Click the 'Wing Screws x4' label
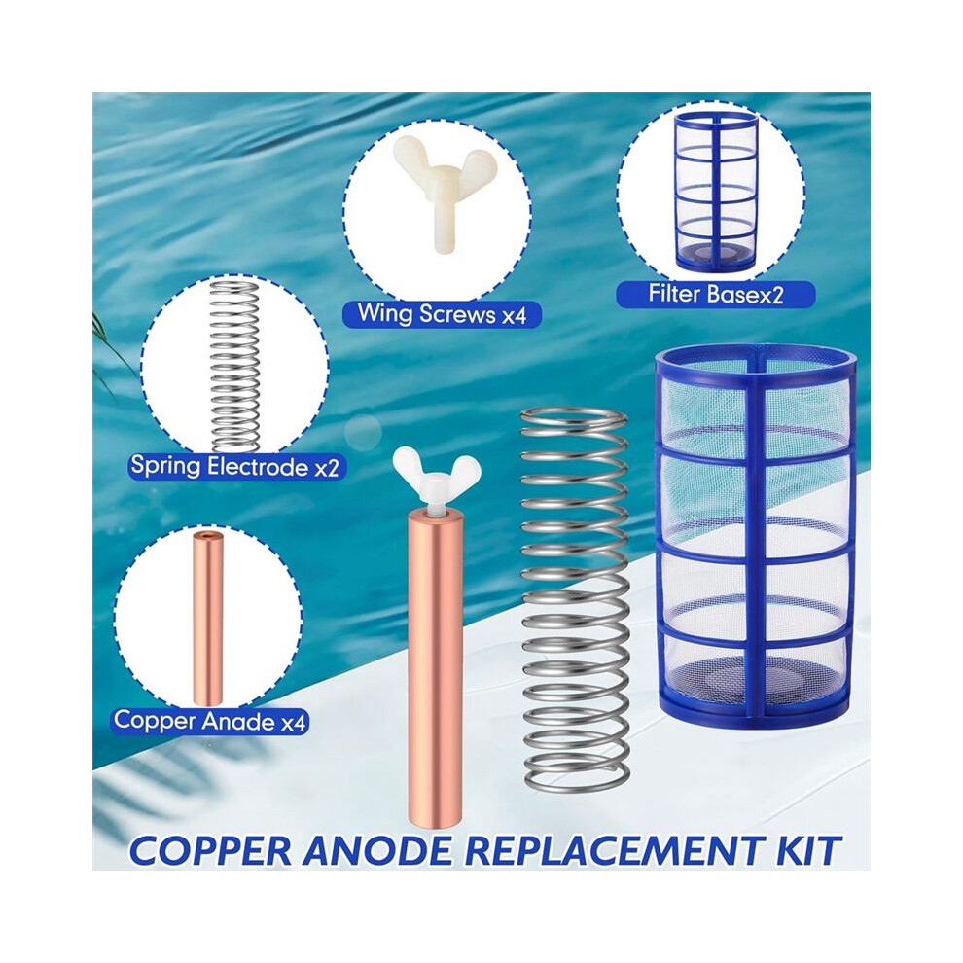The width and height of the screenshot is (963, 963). click(x=442, y=314)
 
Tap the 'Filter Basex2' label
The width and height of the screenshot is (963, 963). click(x=716, y=294)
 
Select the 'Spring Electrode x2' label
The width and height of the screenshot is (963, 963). click(x=234, y=466)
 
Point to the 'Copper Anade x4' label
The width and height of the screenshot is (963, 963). click(x=209, y=720)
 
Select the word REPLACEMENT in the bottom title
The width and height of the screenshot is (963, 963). click(x=615, y=850)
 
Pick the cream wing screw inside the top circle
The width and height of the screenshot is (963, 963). click(x=436, y=192)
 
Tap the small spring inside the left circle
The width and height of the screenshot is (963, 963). click(x=234, y=366)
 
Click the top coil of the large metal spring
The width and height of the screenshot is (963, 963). click(x=574, y=419)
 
